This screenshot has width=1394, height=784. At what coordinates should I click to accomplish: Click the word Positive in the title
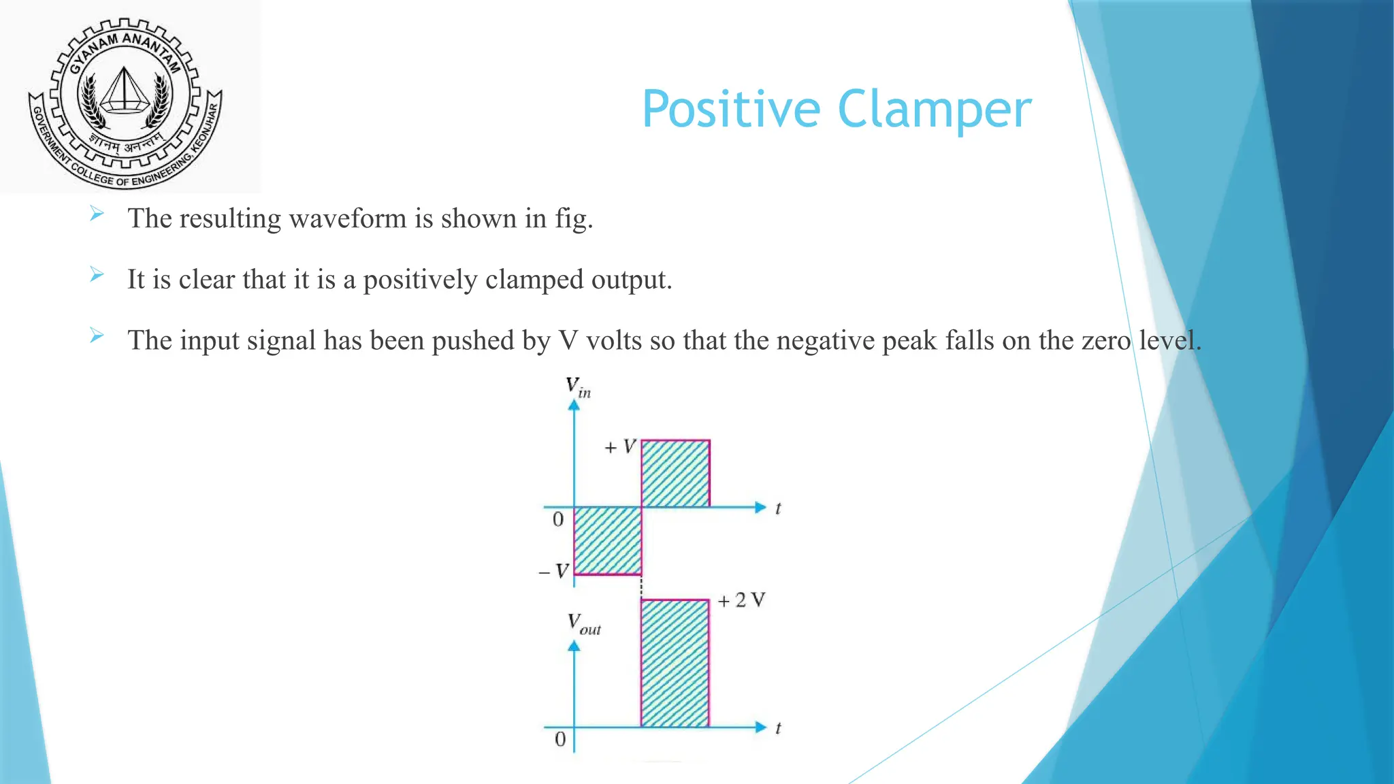click(x=732, y=110)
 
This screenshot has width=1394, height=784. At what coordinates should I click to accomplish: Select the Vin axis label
click(x=578, y=387)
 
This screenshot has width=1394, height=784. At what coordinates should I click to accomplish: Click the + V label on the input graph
click(x=620, y=447)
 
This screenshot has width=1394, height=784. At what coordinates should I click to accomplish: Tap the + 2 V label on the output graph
click(x=741, y=600)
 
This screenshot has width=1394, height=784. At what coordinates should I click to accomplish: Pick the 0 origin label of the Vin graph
click(x=558, y=520)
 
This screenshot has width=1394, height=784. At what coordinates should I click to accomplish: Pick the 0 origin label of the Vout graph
click(x=560, y=739)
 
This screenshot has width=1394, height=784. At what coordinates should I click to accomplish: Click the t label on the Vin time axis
click(x=778, y=508)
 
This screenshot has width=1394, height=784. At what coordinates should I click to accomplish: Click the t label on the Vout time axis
click(x=778, y=728)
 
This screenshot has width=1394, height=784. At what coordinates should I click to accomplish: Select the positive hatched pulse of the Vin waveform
click(x=675, y=474)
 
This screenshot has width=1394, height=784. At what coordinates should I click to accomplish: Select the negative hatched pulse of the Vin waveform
click(x=607, y=541)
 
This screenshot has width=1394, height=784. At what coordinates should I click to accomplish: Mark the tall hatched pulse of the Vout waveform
click(x=675, y=664)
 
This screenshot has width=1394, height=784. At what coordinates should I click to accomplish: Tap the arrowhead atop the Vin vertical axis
click(x=574, y=405)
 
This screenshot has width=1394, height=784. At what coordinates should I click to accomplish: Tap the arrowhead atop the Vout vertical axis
click(x=574, y=646)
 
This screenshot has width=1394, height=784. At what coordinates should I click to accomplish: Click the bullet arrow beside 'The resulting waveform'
click(x=97, y=214)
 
